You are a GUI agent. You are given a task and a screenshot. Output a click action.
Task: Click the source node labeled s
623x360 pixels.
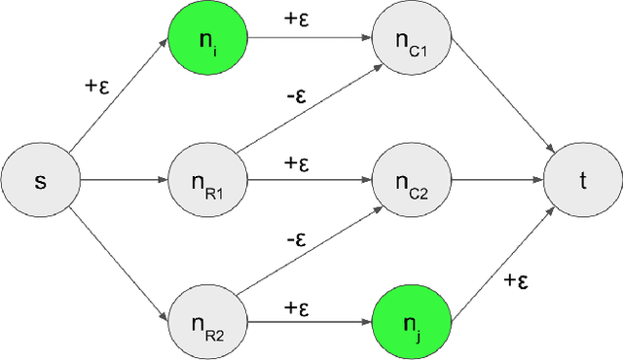(39, 181)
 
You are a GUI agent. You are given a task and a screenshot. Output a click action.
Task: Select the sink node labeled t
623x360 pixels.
(581, 181)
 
